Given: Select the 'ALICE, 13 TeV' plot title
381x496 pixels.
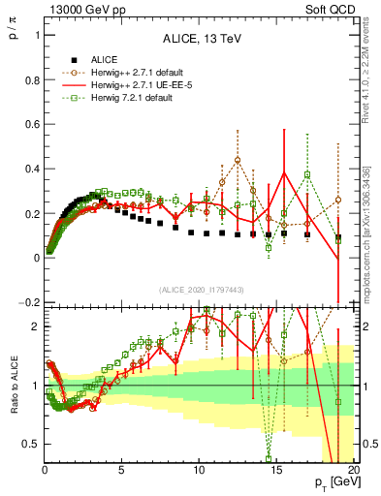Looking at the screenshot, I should pyautogui.click(x=200, y=38).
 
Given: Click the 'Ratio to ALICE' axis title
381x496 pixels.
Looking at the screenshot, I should pyautogui.click(x=13, y=386).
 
